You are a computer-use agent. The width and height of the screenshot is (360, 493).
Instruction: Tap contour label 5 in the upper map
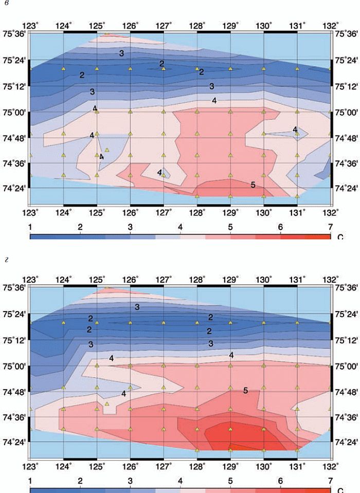[253, 185]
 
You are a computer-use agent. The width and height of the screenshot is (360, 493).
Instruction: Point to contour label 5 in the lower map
[245, 390]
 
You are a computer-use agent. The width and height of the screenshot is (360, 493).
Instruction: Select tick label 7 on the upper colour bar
[330, 227]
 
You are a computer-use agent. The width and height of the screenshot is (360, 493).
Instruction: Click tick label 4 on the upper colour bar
[181, 227]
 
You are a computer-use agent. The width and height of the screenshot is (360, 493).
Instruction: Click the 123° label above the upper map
[31, 25]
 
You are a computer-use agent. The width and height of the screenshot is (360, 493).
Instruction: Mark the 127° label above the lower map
[164, 280]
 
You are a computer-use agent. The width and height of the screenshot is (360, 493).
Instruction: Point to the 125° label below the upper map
[97, 212]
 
